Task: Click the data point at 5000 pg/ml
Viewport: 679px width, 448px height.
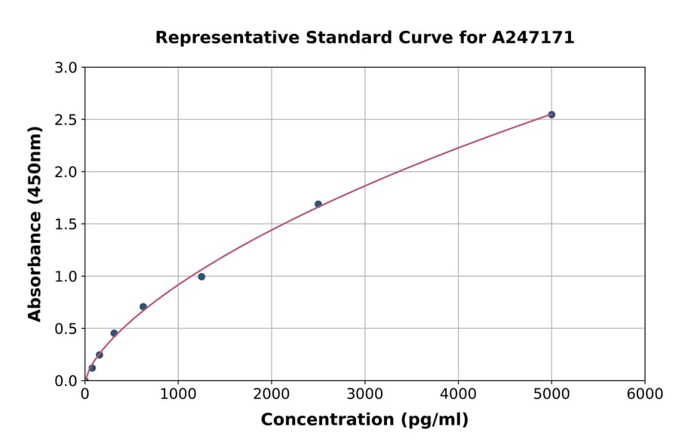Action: pos(551,115)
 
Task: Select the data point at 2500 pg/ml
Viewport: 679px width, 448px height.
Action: pos(318,204)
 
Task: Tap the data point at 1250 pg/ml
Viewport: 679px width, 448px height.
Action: pos(201,277)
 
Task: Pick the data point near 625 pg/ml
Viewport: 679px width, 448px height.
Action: pos(143,307)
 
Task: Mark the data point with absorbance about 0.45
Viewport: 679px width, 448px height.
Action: pos(114,333)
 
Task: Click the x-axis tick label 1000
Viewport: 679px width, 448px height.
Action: pos(178,394)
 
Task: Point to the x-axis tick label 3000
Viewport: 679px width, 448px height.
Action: pos(364,394)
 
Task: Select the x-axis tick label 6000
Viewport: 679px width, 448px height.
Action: pos(644,394)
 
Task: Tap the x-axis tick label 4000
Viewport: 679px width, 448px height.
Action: pos(458,394)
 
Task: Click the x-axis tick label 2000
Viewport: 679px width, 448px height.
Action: pos(272,394)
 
